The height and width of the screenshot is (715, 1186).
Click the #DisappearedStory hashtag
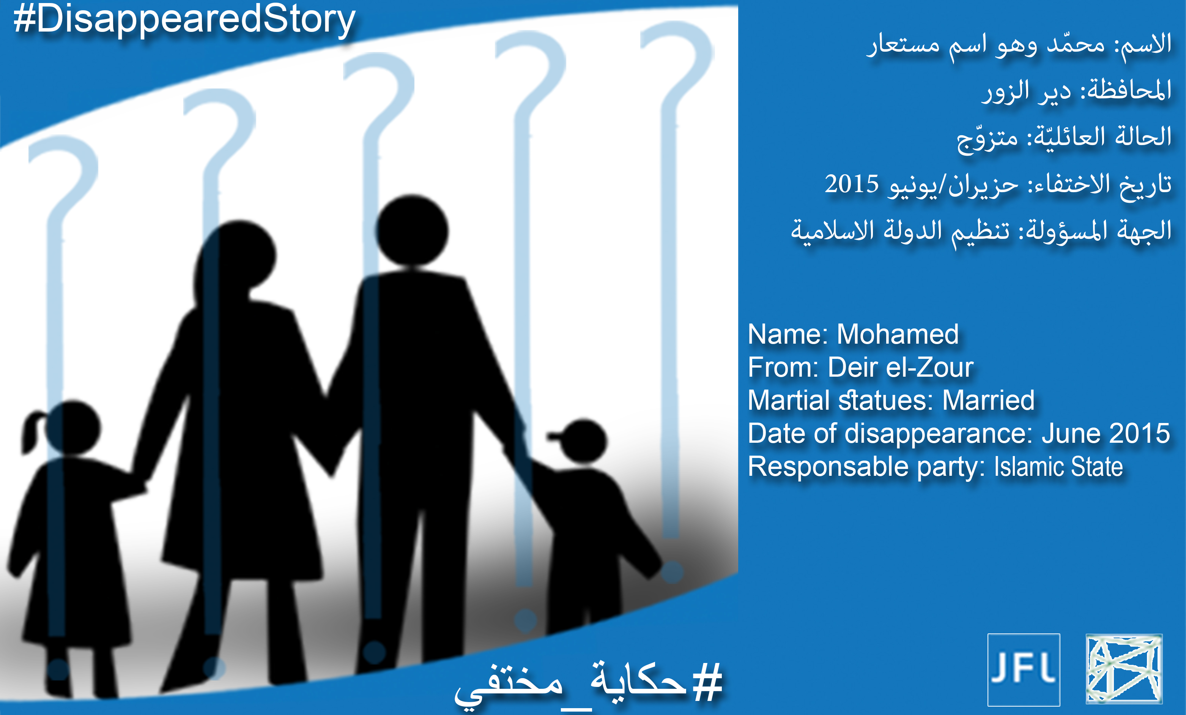coord(184,20)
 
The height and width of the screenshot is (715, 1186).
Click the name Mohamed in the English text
coord(898,334)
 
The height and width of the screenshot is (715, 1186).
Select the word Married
coord(988,400)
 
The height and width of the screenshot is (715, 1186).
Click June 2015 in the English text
coord(1106,433)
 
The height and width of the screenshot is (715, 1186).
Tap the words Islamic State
coord(1058,467)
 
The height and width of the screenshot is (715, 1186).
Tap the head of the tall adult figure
coord(412,230)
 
